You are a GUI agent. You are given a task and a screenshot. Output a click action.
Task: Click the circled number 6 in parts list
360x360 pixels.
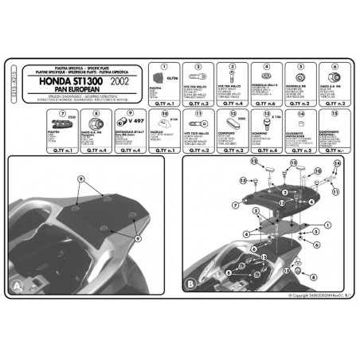(x=335, y=66)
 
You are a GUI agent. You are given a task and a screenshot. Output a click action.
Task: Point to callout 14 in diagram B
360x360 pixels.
(x=338, y=162)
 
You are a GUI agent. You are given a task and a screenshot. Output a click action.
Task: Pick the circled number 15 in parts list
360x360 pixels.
(x=335, y=113)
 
